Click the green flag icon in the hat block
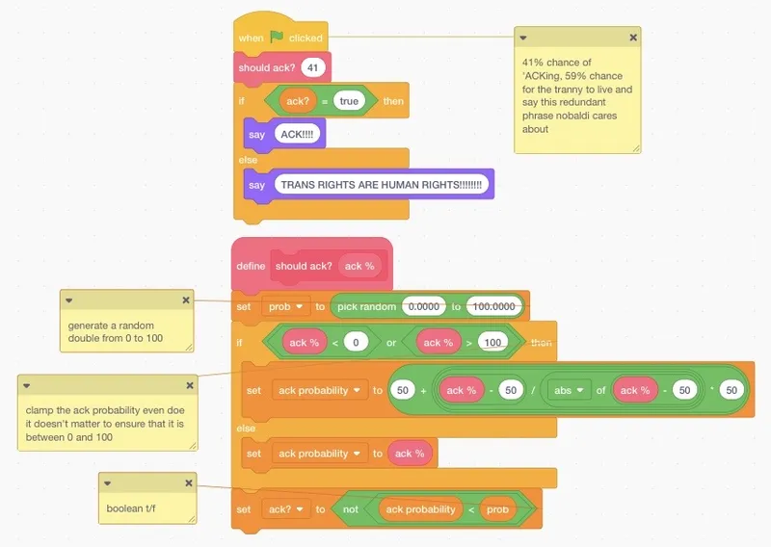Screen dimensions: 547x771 (x=277, y=38)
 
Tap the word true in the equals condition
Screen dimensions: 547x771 (x=350, y=100)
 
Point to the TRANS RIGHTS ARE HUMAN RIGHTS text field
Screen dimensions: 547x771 (x=380, y=185)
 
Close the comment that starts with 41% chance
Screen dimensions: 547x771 (x=633, y=38)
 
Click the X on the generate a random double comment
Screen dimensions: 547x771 (x=186, y=300)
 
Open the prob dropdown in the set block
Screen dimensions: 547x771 (x=285, y=306)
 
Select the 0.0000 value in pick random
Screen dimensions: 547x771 (x=422, y=306)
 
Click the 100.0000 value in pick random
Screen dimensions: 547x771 (x=495, y=306)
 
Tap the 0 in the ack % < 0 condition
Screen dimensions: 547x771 (x=356, y=343)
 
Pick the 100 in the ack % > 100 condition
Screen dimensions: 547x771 (x=493, y=343)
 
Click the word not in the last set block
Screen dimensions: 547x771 (x=352, y=508)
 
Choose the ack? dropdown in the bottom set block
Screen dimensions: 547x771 (x=285, y=508)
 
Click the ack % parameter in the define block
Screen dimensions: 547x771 (x=359, y=266)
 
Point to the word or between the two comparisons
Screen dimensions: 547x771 (x=391, y=343)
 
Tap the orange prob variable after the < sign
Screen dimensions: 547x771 (x=497, y=508)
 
